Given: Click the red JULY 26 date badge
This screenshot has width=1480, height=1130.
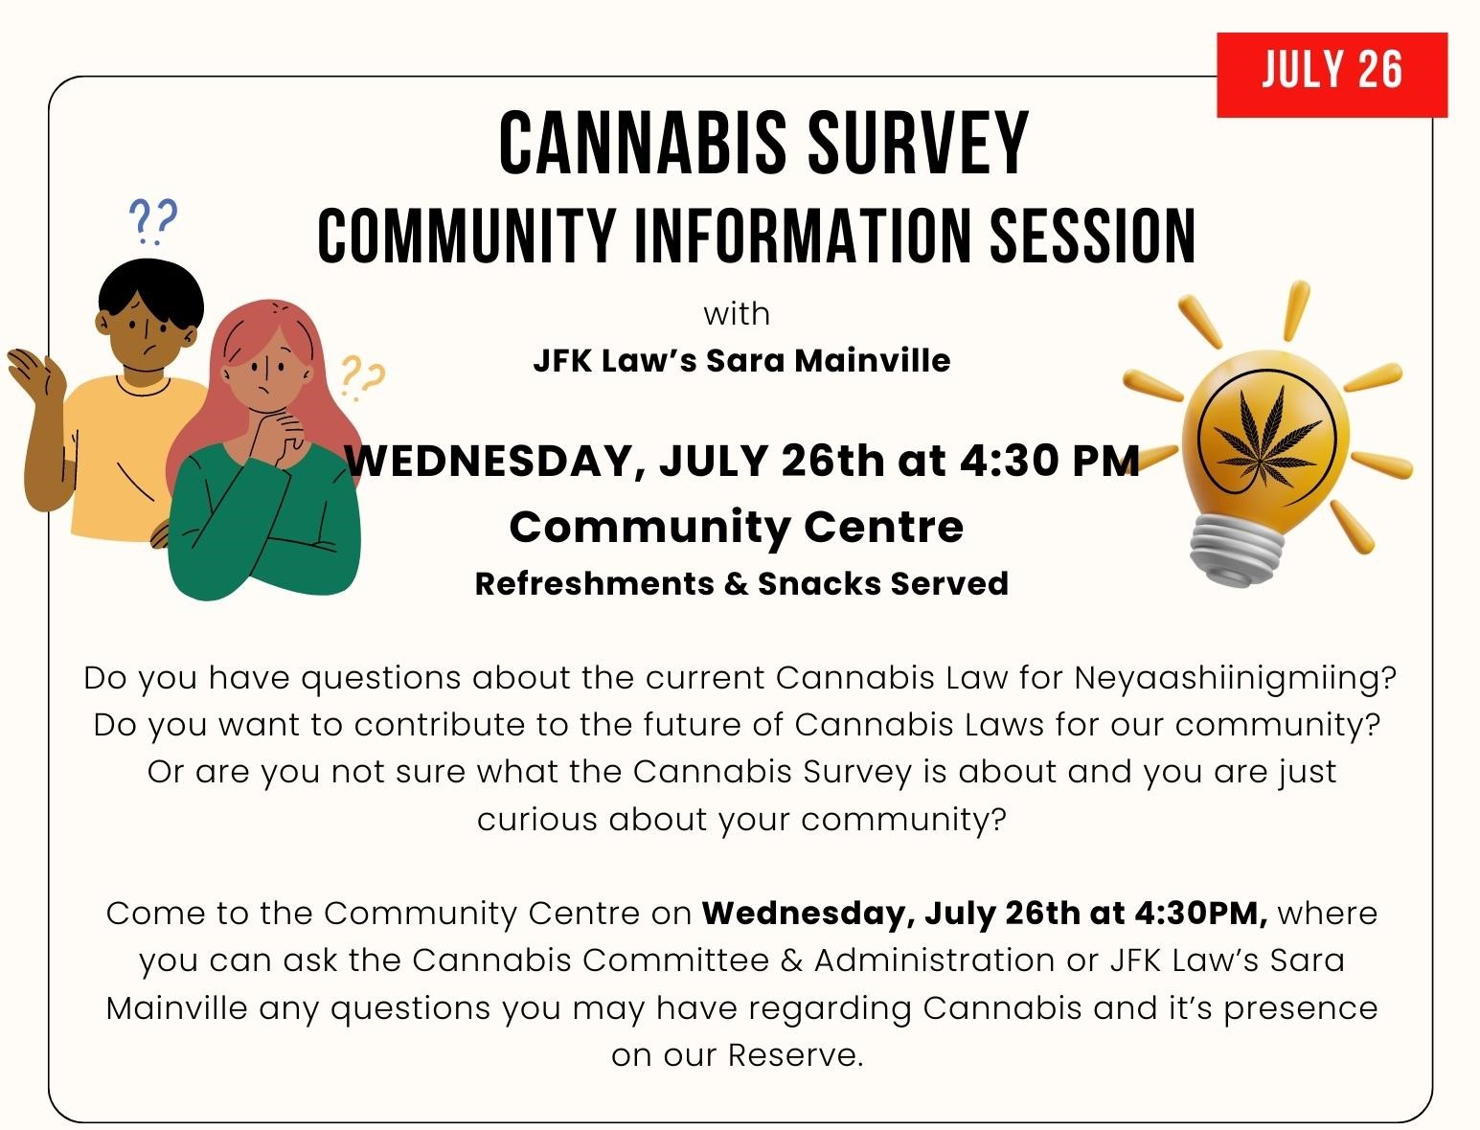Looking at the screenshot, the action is click(x=1332, y=75).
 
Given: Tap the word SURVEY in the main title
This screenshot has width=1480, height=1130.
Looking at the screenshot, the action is click(x=919, y=144).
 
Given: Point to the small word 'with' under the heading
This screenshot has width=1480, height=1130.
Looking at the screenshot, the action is click(x=737, y=314).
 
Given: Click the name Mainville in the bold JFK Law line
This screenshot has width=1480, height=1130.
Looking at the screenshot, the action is click(x=872, y=360).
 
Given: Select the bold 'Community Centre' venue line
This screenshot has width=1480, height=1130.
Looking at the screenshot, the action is click(x=737, y=528).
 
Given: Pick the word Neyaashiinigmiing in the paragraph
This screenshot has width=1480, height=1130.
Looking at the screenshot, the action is click(x=1235, y=679).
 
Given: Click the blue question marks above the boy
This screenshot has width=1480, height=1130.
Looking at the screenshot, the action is click(x=153, y=220).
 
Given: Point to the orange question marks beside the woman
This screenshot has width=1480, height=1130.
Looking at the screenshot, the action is click(x=363, y=378).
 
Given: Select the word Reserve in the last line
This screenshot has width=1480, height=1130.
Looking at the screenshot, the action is click(x=795, y=1055).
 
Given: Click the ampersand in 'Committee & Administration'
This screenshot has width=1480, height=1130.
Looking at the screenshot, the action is click(x=791, y=960).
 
